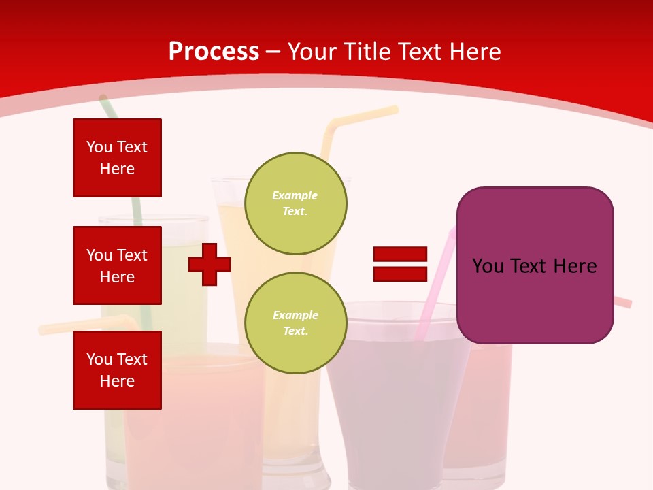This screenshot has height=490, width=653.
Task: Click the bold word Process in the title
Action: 214,52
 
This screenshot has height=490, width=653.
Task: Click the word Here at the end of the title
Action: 475,52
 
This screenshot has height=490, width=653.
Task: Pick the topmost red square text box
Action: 117,158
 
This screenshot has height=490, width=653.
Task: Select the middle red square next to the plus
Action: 117,265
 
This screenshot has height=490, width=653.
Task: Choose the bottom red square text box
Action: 117,370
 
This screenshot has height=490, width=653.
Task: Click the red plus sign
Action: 210,264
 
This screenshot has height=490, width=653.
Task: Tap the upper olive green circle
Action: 295,203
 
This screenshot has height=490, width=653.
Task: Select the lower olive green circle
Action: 295,323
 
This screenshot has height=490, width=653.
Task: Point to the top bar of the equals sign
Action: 400,255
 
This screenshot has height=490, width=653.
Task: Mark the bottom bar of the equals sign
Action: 400,274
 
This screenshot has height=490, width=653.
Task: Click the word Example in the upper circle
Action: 295,196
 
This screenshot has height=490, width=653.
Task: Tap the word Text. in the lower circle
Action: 295,331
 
